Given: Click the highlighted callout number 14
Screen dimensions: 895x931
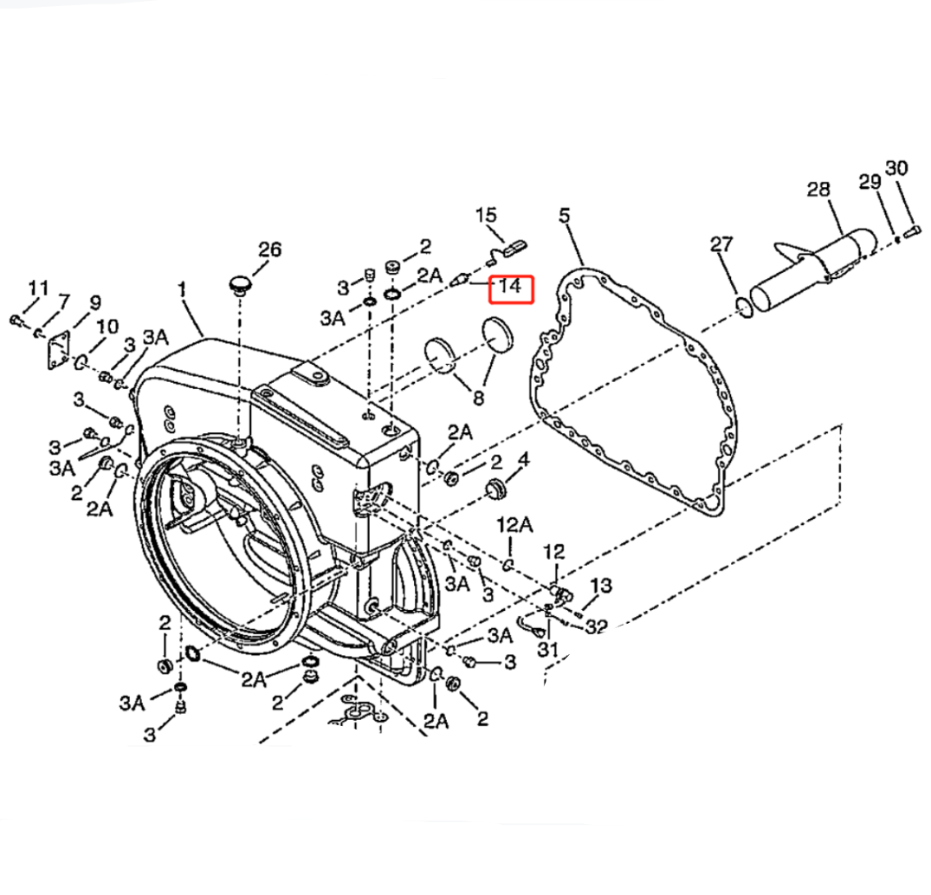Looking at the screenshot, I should (512, 288).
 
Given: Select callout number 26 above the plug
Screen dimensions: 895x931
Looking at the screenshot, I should (269, 250).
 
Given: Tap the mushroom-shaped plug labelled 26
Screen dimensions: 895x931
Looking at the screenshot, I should (240, 284).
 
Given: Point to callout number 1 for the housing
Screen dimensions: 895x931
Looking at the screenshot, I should (183, 290).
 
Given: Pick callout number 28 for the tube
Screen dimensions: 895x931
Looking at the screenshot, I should (818, 189).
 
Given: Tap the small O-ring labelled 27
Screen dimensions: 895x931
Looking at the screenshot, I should (740, 304).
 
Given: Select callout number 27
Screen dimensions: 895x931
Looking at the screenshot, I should (721, 244).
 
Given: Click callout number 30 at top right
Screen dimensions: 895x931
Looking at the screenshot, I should (896, 168).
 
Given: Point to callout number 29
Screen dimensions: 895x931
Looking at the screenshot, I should (870, 182).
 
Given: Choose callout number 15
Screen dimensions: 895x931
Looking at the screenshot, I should (487, 214).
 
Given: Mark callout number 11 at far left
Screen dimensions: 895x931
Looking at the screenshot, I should (38, 288).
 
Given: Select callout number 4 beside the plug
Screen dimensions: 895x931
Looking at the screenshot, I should (523, 458).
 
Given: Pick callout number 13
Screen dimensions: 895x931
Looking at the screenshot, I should (601, 586).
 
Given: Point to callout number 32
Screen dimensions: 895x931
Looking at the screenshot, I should (597, 626).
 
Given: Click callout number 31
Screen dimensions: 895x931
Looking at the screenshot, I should (546, 649).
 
